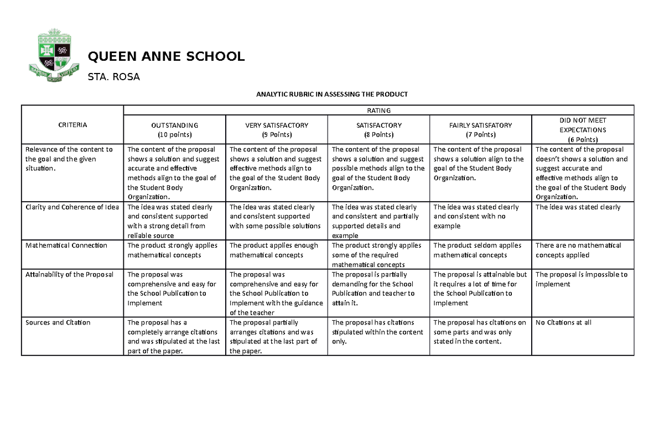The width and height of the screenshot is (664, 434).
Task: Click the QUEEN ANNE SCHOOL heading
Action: point(166,56)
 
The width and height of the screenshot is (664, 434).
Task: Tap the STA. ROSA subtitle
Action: point(114,77)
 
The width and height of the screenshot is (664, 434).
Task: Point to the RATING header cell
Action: point(378,110)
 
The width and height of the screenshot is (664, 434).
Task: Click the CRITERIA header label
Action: point(72,125)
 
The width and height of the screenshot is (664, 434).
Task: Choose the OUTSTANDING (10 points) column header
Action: point(174,130)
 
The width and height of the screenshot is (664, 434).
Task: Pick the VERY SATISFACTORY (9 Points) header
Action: point(277,130)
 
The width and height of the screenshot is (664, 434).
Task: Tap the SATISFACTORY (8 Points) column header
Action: point(378,130)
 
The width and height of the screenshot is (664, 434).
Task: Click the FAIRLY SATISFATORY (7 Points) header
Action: point(480,130)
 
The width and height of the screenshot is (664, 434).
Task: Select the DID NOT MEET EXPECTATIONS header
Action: point(583,130)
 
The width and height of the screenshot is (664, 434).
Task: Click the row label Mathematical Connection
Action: point(66,245)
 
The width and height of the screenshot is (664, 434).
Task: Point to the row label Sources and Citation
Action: point(58,322)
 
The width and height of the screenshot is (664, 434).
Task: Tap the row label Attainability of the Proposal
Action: point(69,274)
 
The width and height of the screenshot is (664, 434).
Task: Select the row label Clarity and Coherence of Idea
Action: point(72,207)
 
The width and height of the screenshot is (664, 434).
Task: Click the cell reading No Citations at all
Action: point(563,322)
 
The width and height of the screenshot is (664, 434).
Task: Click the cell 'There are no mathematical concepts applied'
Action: point(578,250)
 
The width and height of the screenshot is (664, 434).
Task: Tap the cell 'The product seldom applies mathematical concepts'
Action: point(477,250)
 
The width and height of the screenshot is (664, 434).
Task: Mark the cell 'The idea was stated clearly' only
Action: point(578,207)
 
